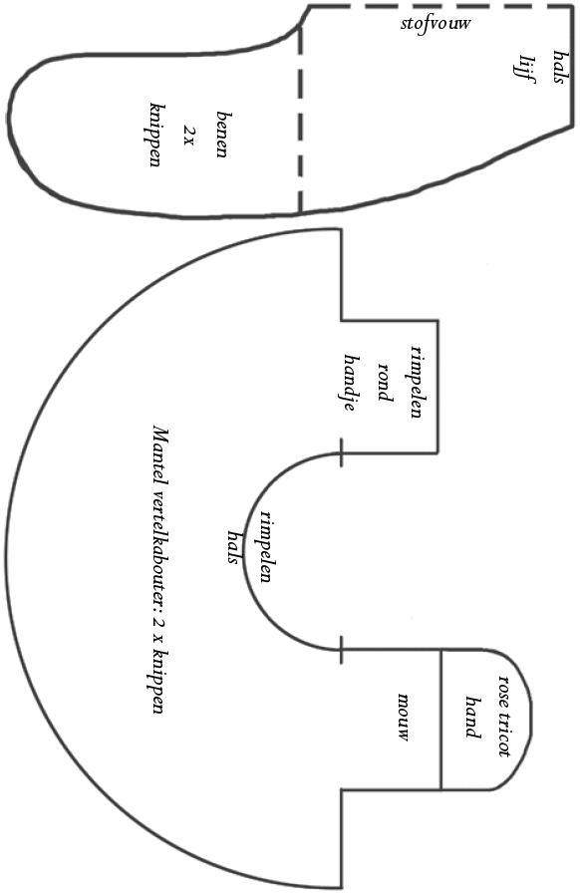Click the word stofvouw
point(435,25)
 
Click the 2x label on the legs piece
point(188,136)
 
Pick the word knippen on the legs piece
point(155,136)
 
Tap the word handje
point(352,383)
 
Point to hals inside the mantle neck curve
point(233,547)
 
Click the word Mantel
point(160,453)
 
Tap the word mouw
point(404,717)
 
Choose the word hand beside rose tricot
point(472,717)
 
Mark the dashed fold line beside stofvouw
point(440,6)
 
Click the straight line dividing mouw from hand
point(440,720)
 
